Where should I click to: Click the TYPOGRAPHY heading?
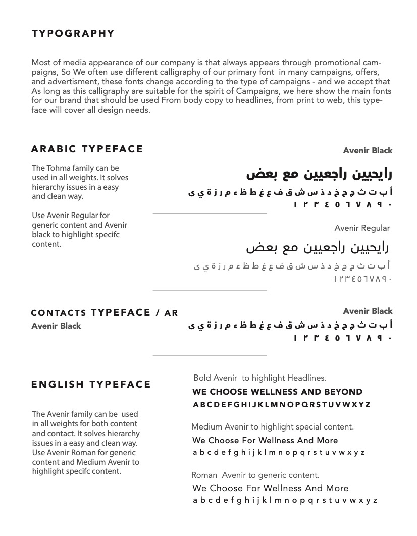click(73, 34)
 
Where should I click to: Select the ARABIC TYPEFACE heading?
click(87, 149)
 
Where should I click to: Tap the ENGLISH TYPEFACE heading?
click(91, 384)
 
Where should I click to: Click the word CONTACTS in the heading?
click(59, 313)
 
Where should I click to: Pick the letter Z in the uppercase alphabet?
click(368, 405)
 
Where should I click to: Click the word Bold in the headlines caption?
click(202, 378)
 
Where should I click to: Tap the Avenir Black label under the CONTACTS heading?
click(56, 326)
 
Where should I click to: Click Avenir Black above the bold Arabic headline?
click(368, 150)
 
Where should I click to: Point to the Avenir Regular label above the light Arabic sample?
click(362, 228)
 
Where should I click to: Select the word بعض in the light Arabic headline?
click(257, 248)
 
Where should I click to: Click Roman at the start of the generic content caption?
click(204, 475)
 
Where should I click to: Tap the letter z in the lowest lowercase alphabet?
click(375, 501)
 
